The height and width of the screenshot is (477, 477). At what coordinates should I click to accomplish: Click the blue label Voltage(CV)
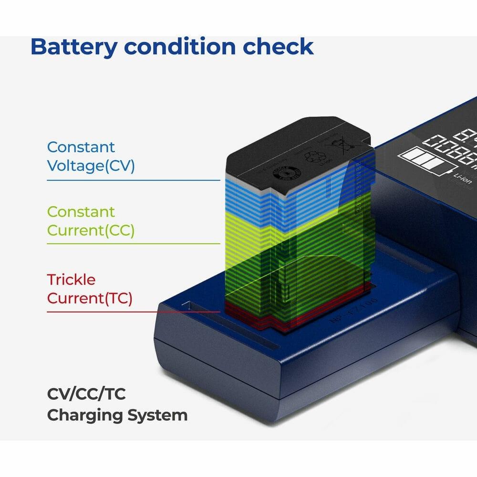coord(91,166)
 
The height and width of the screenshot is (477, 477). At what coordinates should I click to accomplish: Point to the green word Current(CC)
coord(91,230)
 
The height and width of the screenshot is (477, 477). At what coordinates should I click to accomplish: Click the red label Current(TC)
coord(89,298)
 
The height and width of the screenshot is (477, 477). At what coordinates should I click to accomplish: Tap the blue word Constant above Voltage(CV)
coord(81,147)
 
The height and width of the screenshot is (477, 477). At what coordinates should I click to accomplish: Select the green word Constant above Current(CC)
coord(81,211)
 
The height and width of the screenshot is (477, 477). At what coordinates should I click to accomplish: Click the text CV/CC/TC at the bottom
coord(86,394)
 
